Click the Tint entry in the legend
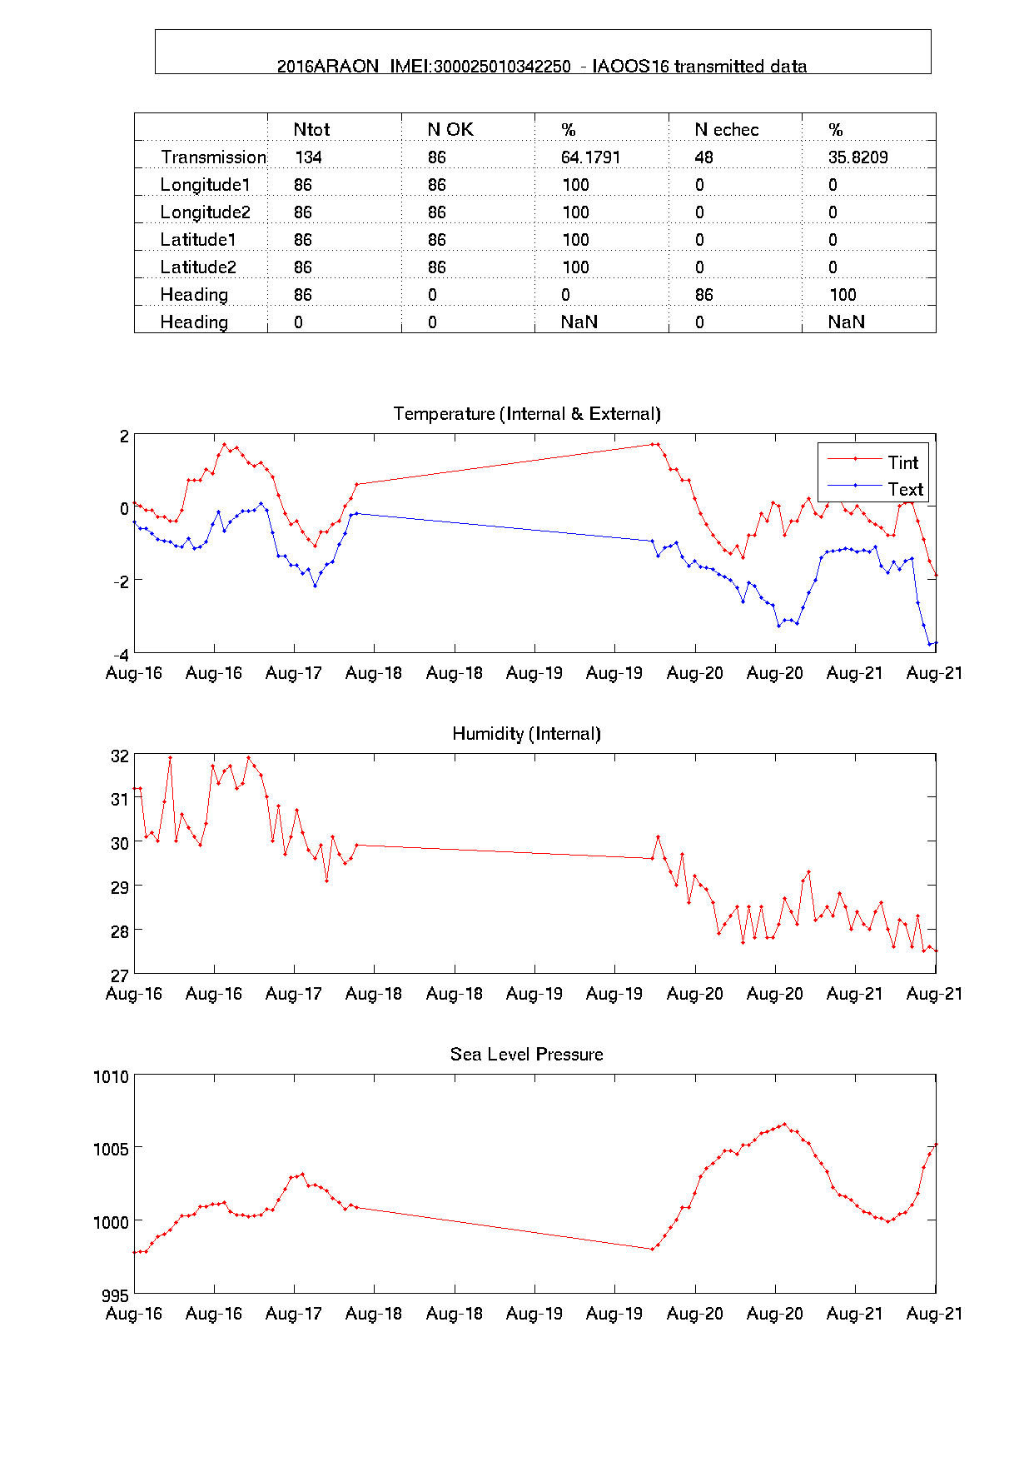[x=902, y=462]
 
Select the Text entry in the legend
[x=905, y=489]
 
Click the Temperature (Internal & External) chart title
[x=527, y=414]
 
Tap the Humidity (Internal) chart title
[x=526, y=734]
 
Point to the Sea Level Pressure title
[x=526, y=1055]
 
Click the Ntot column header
[x=311, y=130]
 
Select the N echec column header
[x=726, y=130]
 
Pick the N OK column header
[x=450, y=130]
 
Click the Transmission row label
[x=213, y=157]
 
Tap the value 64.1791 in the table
[x=590, y=157]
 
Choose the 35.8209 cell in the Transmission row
[x=858, y=157]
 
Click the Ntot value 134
[x=308, y=157]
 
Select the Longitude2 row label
[x=205, y=212]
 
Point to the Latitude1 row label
[x=198, y=240]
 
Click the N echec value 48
[x=703, y=157]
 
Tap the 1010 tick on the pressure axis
[x=111, y=1077]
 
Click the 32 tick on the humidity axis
[x=120, y=756]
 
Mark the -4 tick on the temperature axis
[x=121, y=655]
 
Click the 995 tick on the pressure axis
[x=115, y=1296]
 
